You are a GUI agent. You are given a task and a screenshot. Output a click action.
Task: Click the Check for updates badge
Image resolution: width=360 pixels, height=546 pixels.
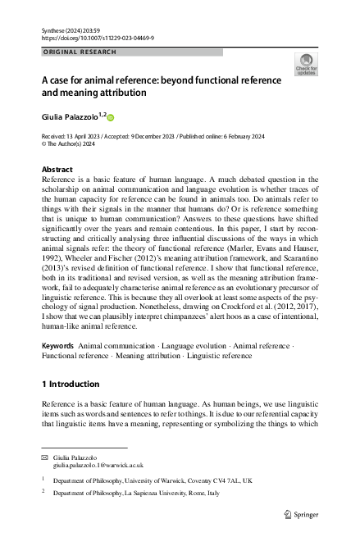(306, 65)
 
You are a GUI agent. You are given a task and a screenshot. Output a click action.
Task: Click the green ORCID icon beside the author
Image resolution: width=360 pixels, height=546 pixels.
(111, 118)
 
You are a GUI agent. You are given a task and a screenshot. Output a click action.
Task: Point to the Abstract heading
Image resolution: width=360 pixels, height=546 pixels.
(57, 170)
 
